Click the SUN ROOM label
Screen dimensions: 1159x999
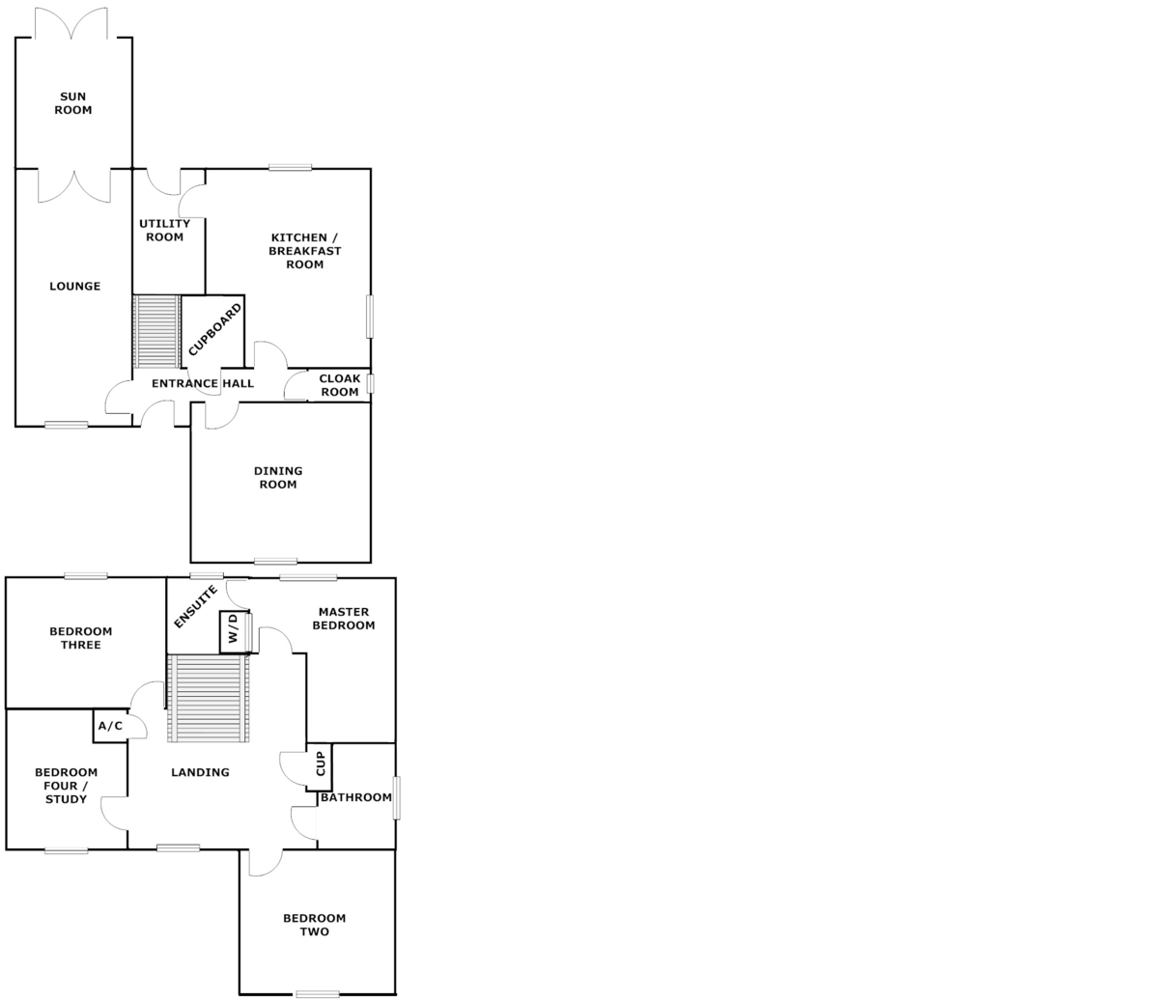tap(73, 103)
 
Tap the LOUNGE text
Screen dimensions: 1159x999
tap(74, 287)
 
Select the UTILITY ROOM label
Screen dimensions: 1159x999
tap(165, 231)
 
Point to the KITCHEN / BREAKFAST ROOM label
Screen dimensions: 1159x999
tap(305, 251)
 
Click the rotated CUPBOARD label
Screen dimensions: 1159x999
tap(214, 330)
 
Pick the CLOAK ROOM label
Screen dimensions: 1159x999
tap(340, 385)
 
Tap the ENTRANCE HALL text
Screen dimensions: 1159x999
tap(203, 384)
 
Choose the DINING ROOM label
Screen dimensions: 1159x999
tap(278, 478)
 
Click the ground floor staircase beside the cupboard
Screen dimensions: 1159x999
tap(156, 331)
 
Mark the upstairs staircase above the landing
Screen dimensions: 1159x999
tap(209, 698)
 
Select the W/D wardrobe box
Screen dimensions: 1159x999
tap(234, 632)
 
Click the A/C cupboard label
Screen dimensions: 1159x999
tap(110, 726)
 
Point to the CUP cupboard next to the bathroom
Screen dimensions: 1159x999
tap(320, 766)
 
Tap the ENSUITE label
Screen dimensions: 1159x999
tap(195, 607)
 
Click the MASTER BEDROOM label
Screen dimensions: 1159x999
tap(344, 619)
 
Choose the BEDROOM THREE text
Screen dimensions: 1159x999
tap(81, 638)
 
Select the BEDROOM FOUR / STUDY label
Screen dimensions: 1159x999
tap(66, 786)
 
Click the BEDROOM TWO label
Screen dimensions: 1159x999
tap(315, 925)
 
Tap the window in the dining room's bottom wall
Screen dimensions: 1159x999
tap(275, 561)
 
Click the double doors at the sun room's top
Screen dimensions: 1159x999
tap(72, 25)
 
